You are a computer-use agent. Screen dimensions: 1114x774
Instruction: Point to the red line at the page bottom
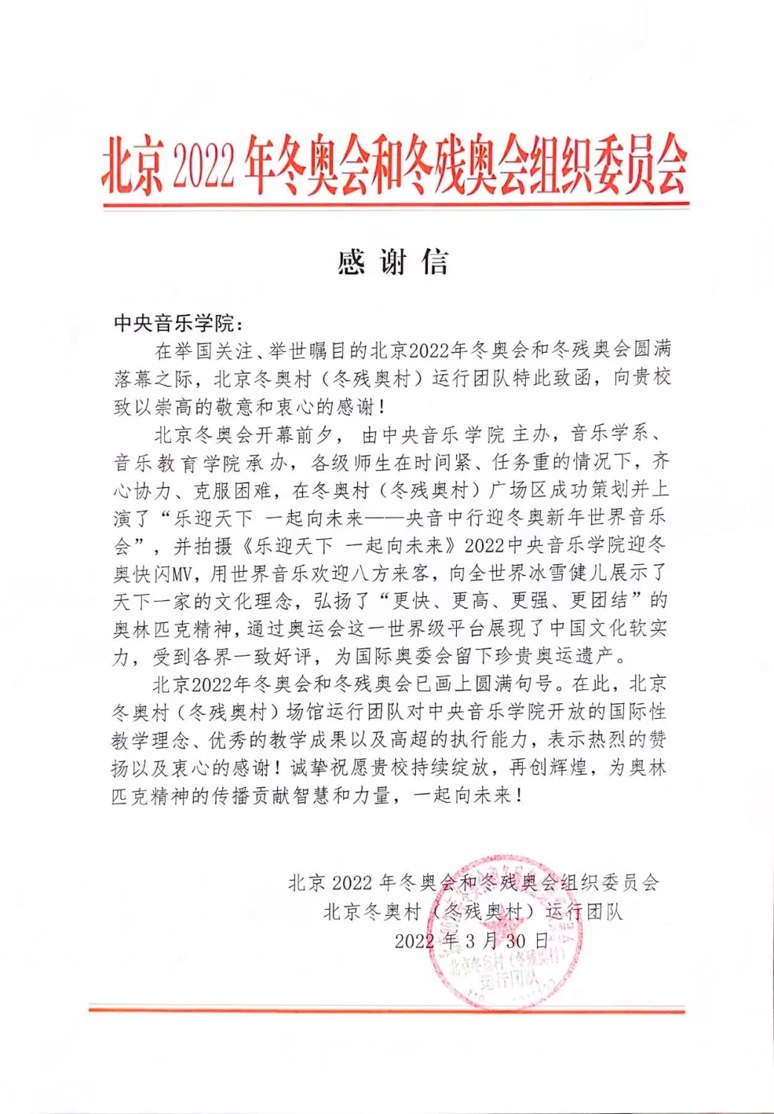[386, 1009]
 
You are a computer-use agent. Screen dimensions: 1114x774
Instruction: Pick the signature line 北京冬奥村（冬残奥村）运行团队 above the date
[472, 912]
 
